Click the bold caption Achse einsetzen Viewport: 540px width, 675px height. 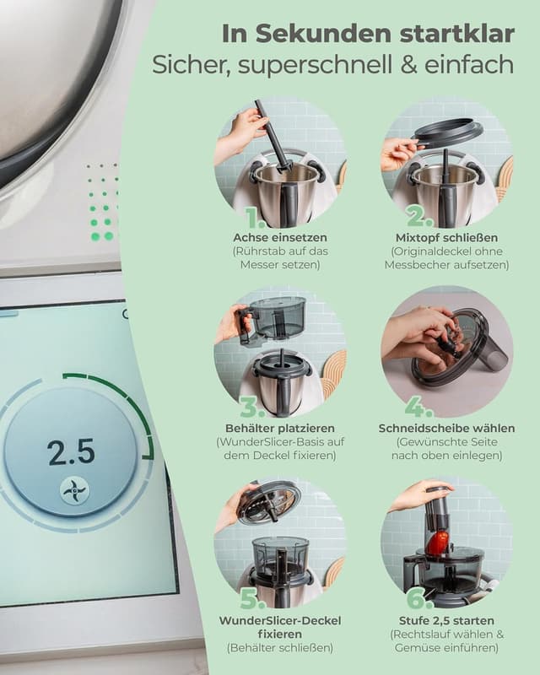280,237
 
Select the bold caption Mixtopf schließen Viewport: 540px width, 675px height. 446,237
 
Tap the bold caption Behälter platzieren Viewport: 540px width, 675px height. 280,428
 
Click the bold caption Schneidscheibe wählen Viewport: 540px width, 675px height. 446,428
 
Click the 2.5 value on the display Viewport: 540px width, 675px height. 71,453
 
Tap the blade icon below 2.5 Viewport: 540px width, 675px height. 74,490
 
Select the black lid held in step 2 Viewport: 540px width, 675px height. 448,132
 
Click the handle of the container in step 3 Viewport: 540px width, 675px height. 245,326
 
